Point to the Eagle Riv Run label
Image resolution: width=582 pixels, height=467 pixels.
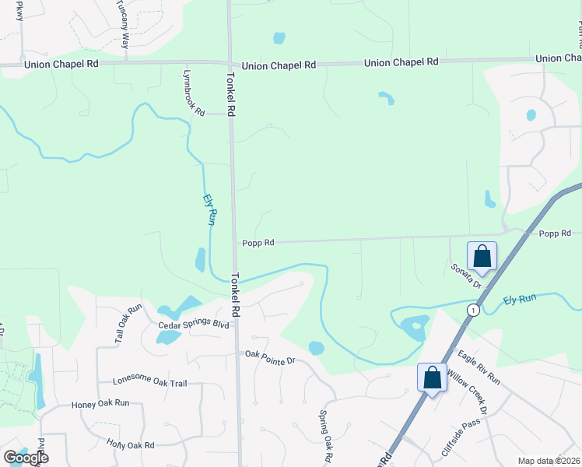point(479,367)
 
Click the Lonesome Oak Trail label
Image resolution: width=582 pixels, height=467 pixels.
point(150,382)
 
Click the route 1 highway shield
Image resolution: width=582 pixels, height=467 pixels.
point(472,310)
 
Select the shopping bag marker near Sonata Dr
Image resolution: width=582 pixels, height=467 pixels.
point(482,255)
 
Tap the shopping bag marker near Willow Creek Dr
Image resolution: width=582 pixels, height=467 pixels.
point(432,377)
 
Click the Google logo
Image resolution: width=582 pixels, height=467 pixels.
point(26,457)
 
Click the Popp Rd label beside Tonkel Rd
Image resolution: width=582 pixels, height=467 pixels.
point(258,243)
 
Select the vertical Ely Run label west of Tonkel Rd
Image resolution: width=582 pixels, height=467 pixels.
point(209,209)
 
